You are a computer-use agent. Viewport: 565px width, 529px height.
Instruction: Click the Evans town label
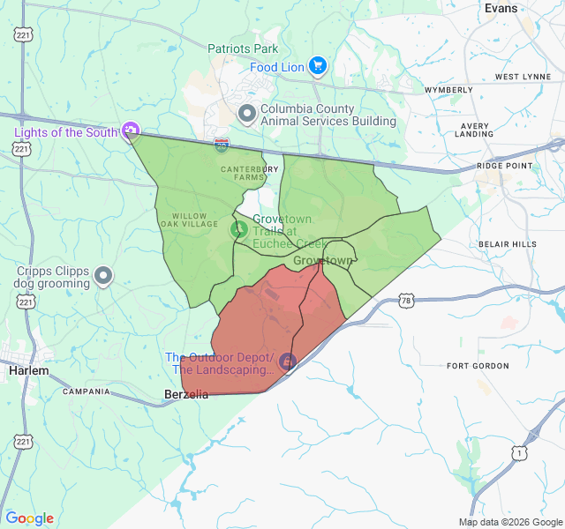click(x=501, y=8)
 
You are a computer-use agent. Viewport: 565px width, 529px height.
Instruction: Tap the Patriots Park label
click(x=243, y=48)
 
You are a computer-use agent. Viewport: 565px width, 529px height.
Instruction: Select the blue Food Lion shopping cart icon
click(x=318, y=66)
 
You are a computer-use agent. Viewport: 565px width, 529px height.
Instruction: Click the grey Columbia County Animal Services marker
click(x=247, y=113)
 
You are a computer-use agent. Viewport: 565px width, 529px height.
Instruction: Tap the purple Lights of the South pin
click(x=131, y=131)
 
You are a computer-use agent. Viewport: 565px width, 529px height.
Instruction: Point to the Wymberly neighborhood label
click(x=448, y=90)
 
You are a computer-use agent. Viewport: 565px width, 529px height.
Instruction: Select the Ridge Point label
click(x=505, y=166)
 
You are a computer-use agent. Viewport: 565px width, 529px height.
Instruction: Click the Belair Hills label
click(x=507, y=243)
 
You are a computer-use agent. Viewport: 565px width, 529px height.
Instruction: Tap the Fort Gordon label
click(x=478, y=366)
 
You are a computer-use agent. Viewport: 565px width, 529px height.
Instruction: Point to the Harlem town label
click(x=28, y=371)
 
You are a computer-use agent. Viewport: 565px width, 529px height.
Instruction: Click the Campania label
click(x=87, y=391)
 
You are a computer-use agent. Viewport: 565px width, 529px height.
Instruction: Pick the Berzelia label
click(x=186, y=394)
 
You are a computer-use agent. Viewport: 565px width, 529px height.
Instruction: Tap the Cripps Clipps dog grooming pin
click(x=103, y=276)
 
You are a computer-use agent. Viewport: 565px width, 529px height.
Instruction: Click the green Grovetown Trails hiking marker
click(x=238, y=229)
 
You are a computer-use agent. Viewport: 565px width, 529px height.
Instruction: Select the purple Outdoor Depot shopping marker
click(x=287, y=361)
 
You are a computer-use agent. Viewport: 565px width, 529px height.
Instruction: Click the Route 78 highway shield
click(x=405, y=301)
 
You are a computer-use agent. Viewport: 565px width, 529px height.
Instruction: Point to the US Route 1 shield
click(x=520, y=452)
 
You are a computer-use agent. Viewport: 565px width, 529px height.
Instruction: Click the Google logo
click(x=29, y=518)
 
